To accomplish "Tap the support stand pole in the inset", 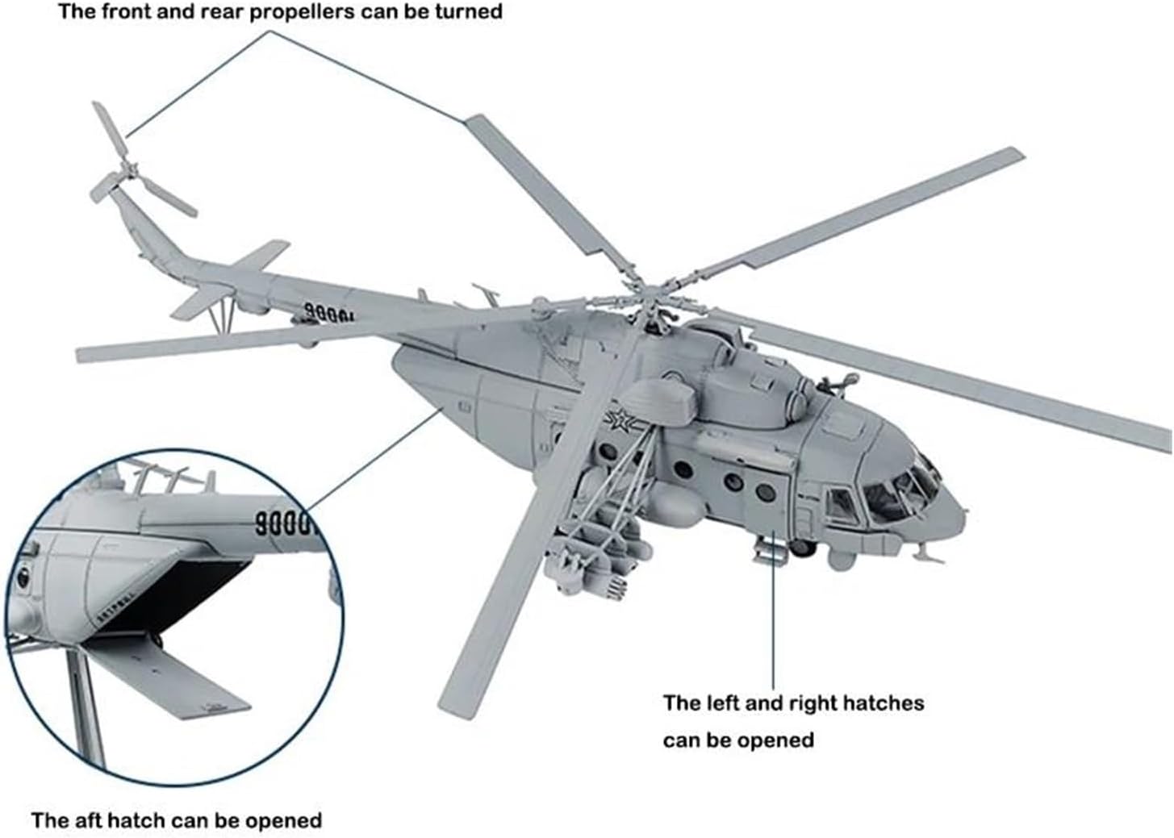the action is [x=86, y=707].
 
